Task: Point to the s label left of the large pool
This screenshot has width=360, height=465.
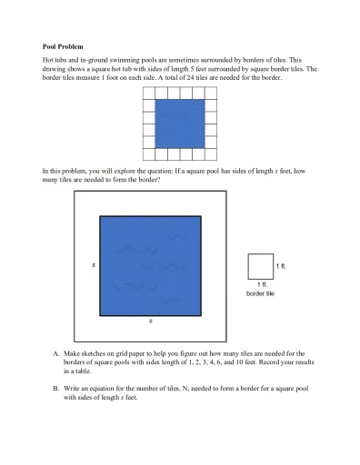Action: [94, 265]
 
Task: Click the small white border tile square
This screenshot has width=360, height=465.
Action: [260, 266]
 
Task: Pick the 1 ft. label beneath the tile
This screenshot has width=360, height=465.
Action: [260, 286]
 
